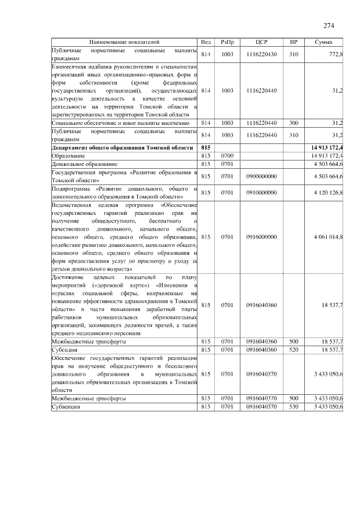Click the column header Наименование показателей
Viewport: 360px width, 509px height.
click(x=124, y=42)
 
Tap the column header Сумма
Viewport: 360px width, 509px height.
click(x=324, y=42)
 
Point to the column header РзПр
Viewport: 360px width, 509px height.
click(x=227, y=42)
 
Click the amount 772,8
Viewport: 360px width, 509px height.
click(x=335, y=53)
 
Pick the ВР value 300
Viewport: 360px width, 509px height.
click(x=293, y=122)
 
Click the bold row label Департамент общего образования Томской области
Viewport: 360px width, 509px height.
click(x=123, y=147)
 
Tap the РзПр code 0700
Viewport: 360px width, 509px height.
click(x=227, y=155)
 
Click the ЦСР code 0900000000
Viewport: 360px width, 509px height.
click(x=261, y=176)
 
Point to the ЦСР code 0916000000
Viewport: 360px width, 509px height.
click(x=261, y=237)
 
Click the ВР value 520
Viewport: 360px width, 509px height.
click(x=293, y=349)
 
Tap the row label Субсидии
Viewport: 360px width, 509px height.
click(x=65, y=349)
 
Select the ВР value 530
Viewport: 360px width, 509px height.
click(x=293, y=406)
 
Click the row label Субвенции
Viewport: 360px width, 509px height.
click(x=66, y=406)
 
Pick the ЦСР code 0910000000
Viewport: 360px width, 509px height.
click(x=261, y=192)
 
